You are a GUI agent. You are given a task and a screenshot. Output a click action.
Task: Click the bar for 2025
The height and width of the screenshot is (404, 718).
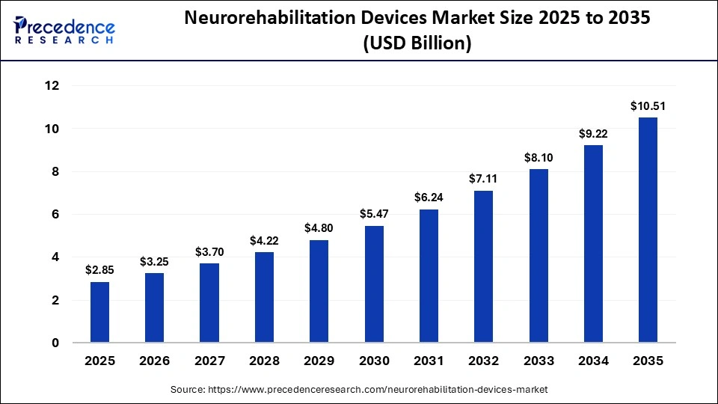[x=99, y=312]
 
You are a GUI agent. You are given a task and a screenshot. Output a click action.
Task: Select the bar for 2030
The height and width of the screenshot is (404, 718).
[x=374, y=284]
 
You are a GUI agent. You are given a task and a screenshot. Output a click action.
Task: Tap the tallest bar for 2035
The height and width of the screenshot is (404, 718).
[x=648, y=230]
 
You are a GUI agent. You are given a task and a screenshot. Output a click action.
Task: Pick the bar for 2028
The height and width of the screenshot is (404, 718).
[x=264, y=297]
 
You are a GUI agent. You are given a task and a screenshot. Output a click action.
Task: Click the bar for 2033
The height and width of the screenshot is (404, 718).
[x=538, y=256]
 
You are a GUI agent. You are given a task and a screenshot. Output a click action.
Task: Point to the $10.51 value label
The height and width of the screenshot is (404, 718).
[x=648, y=106]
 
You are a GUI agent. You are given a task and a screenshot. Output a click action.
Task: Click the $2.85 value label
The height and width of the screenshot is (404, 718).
[x=99, y=270]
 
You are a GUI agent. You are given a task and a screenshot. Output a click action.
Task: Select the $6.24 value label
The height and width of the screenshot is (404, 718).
[x=429, y=198]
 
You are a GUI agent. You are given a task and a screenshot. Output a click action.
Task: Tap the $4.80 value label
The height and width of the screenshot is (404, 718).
[x=319, y=228]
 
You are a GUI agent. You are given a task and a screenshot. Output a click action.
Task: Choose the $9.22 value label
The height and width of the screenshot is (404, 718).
[x=593, y=134]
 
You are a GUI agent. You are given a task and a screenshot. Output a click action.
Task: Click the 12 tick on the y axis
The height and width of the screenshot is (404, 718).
[x=52, y=86]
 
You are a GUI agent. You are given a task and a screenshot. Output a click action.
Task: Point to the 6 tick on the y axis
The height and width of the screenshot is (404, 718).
[x=55, y=215]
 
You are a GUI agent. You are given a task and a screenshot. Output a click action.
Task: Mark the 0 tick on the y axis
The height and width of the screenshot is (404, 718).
[x=55, y=343]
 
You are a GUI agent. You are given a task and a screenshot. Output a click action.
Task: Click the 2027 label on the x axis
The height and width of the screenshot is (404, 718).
[x=209, y=361]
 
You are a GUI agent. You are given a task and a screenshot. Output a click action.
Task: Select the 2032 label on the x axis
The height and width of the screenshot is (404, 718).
[x=483, y=361]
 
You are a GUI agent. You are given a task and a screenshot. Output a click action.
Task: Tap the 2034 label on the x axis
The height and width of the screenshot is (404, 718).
[x=593, y=361]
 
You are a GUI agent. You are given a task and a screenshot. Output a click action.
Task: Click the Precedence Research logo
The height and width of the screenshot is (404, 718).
[x=64, y=31]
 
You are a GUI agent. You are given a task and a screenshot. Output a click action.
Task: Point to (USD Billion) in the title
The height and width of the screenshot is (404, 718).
[x=417, y=44]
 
